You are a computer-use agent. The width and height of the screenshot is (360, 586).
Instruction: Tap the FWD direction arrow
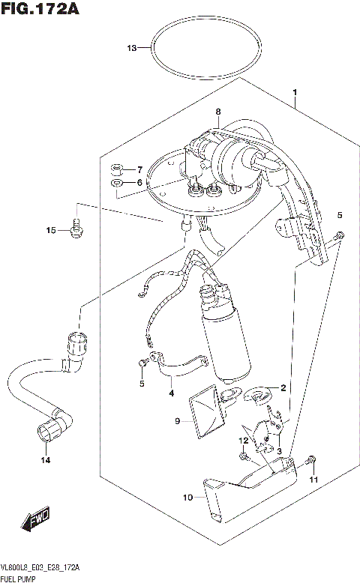[35, 519]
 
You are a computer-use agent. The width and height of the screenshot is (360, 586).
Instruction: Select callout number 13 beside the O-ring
[132, 49]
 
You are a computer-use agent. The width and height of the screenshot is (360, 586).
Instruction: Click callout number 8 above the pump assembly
[218, 112]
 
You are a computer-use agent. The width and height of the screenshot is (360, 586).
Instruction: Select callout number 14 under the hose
[45, 460]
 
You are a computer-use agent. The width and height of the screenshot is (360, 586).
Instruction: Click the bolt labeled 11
[312, 462]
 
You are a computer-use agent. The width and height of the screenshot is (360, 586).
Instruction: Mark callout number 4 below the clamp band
[171, 392]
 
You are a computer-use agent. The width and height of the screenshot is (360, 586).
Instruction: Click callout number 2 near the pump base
[283, 387]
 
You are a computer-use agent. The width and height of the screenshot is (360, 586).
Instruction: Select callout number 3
[278, 450]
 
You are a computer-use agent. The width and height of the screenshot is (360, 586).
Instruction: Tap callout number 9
[178, 421]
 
